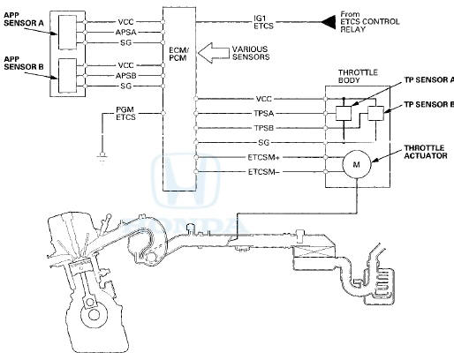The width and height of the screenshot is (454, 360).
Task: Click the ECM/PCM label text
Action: [178, 54]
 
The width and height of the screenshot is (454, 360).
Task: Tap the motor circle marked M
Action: [357, 164]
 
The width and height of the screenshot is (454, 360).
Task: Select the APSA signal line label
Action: [125, 33]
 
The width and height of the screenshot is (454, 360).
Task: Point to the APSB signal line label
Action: [125, 76]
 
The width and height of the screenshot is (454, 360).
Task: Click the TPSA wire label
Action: [264, 114]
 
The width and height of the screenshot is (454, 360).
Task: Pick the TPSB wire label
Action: [264, 128]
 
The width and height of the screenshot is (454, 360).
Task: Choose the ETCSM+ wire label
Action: [263, 157]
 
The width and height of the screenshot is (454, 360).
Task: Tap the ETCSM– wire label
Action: [263, 171]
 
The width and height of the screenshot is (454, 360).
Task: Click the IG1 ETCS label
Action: [263, 22]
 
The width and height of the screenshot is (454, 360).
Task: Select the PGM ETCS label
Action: [125, 113]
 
